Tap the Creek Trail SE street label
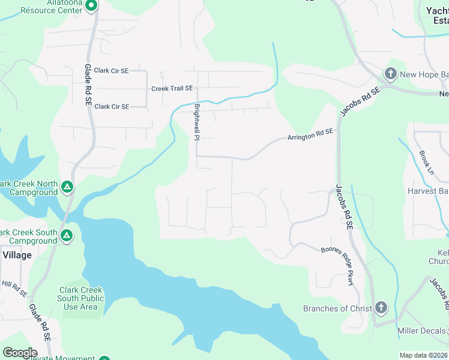tap(172, 88)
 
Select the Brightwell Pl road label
tap(196, 121)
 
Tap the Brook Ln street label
tap(426, 162)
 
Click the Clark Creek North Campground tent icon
tap(67, 188)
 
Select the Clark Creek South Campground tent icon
tap(67, 236)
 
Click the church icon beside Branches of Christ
tap(381, 308)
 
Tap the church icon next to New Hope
tap(390, 74)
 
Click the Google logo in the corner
tap(19, 353)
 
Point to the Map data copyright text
tap(424, 355)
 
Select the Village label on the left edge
tap(17, 255)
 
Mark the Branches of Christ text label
tap(334, 308)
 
